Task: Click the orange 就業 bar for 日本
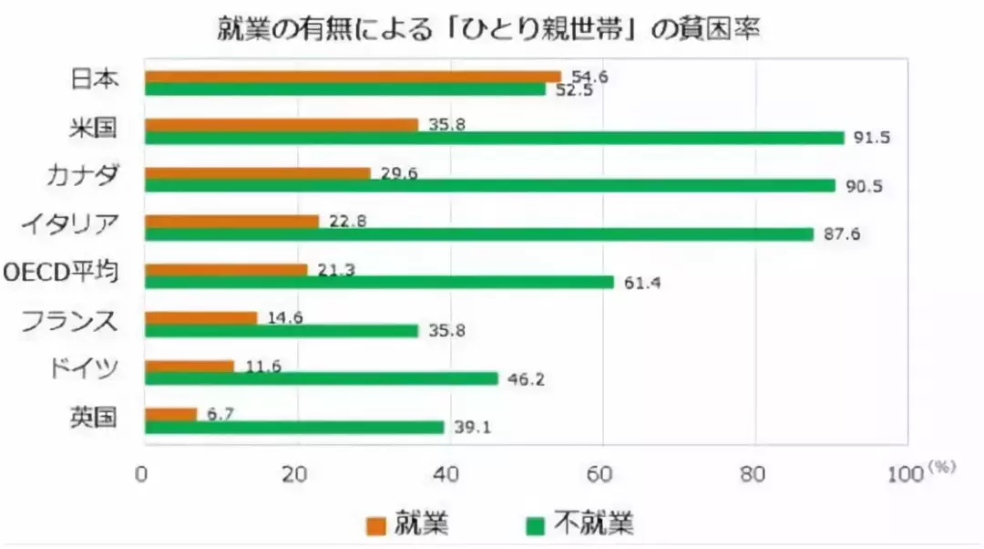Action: pos(353,77)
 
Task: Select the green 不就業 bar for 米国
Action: pos(495,138)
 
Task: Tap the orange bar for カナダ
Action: pos(258,173)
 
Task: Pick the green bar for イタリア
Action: pos(479,234)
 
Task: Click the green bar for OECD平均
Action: pos(380,283)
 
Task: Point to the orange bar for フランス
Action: pos(201,318)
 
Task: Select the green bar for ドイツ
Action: pos(322,378)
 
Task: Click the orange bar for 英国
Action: pos(171,415)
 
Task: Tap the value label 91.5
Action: pos(871,138)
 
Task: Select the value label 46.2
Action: pos(527,378)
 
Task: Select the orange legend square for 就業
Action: pos(375,525)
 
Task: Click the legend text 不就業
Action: pos(597,524)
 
